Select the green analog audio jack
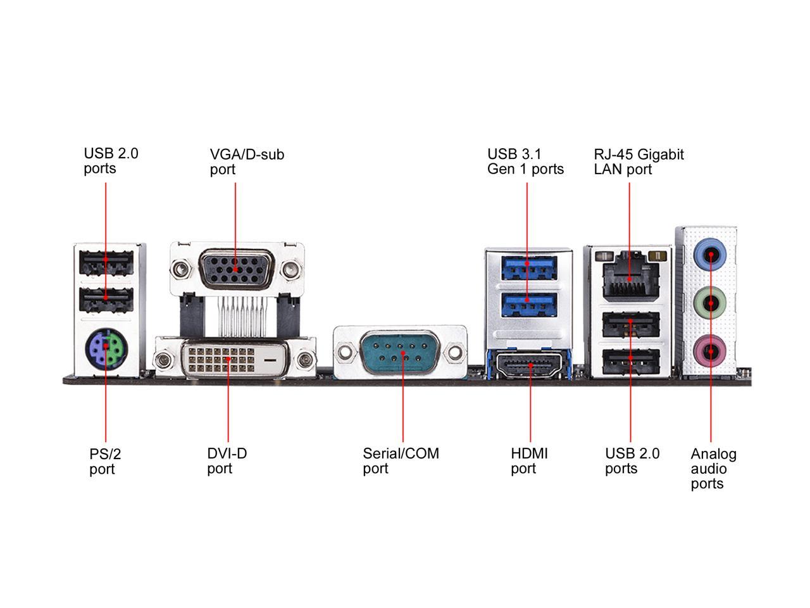(711, 303)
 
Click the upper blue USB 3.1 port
(528, 267)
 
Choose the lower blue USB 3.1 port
(528, 305)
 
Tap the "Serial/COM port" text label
(401, 461)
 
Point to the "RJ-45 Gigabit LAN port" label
(639, 161)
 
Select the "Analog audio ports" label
(713, 469)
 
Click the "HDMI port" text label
(529, 461)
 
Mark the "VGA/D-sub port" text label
(247, 161)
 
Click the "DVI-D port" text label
(227, 461)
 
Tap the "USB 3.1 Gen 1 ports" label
(525, 161)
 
